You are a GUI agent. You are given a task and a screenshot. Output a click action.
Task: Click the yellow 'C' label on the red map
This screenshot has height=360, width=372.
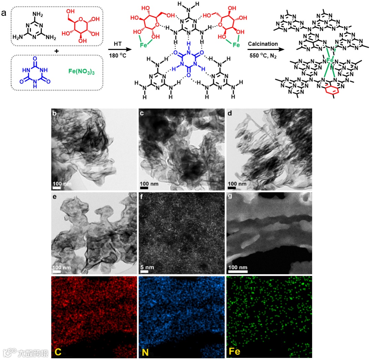(58, 352)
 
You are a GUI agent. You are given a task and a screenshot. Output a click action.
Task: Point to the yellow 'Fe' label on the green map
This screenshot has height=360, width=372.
(235, 352)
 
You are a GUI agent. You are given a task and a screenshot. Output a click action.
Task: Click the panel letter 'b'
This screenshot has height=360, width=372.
(54, 113)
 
